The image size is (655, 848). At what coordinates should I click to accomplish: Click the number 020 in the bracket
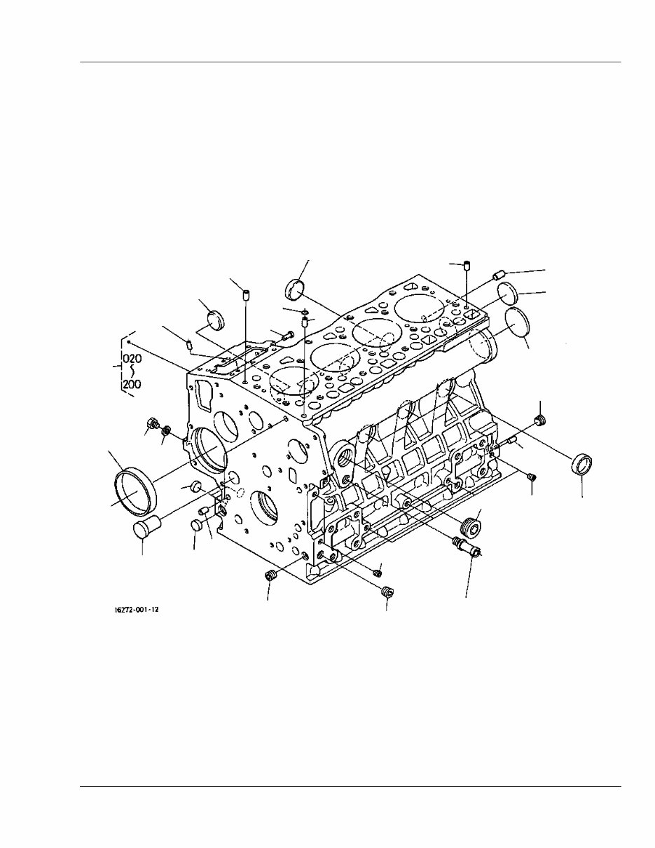click(133, 358)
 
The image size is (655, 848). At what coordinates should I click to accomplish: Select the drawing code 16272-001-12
click(137, 610)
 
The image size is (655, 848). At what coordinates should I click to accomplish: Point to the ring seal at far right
click(583, 464)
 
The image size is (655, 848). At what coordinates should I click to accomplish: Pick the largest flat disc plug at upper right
click(518, 324)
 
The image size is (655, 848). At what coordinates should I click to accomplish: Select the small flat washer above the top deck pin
click(305, 311)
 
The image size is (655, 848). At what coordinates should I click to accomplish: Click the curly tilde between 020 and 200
click(133, 371)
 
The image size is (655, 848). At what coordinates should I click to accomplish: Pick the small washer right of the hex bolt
click(167, 428)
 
